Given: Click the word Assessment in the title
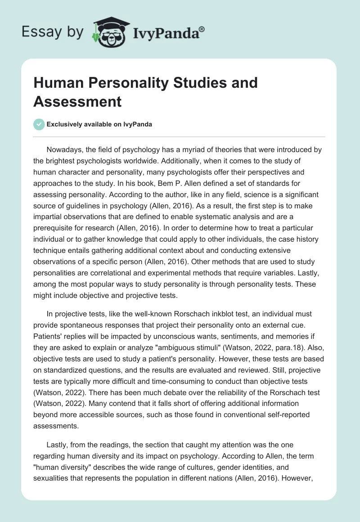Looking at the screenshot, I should [x=77, y=101].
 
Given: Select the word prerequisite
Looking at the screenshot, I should [x=58, y=216].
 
